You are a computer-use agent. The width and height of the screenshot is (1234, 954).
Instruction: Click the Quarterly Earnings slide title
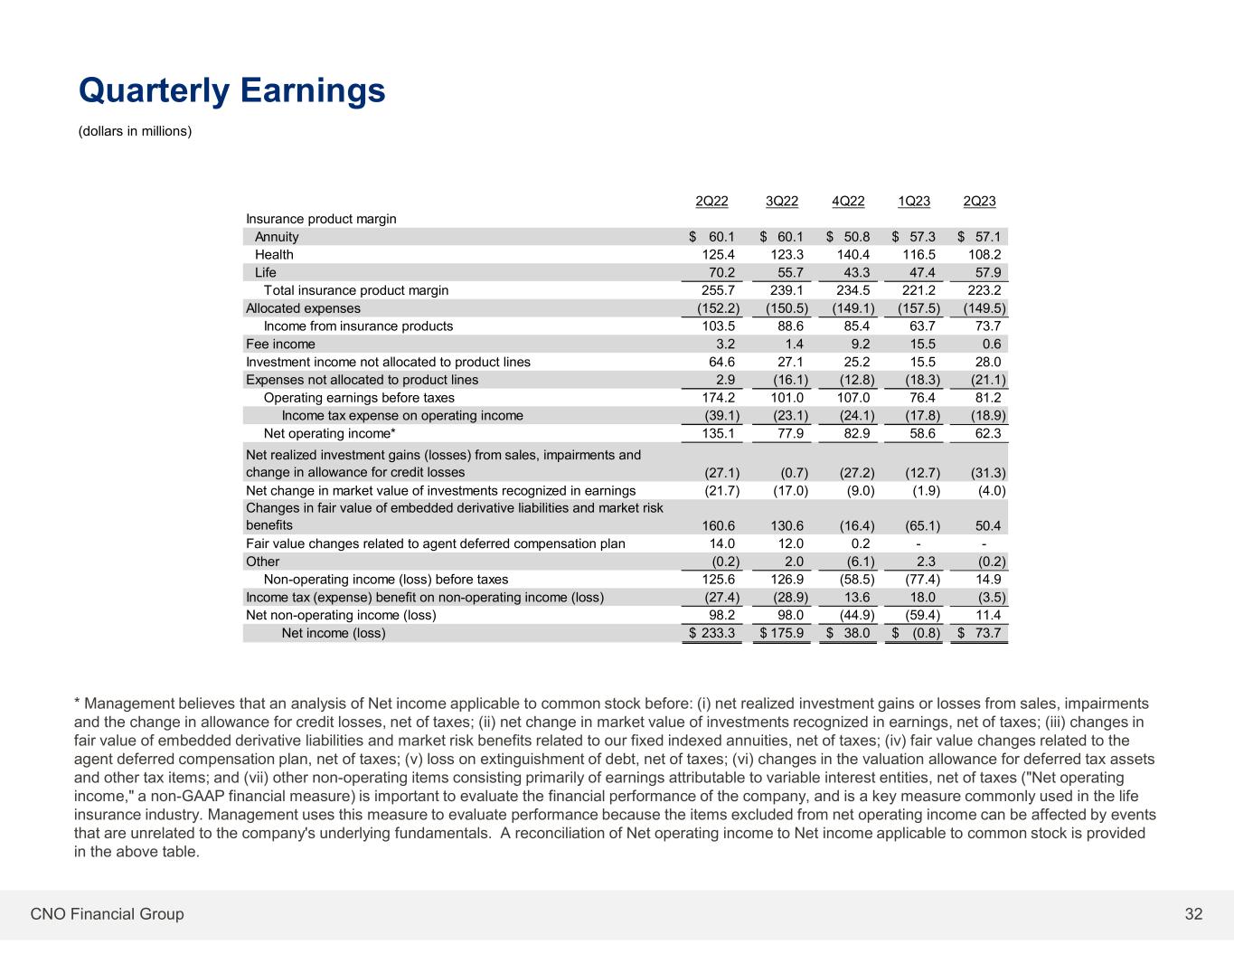(x=232, y=91)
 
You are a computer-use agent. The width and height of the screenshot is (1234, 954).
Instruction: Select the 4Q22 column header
(x=849, y=202)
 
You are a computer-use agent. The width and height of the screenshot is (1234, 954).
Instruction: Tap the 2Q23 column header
(x=980, y=202)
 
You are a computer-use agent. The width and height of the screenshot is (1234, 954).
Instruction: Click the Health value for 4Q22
(x=853, y=255)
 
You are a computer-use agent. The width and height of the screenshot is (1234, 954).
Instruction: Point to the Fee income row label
(x=280, y=345)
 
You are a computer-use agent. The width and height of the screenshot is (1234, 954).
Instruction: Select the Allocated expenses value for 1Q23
(x=918, y=308)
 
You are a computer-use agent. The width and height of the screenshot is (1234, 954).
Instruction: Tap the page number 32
(x=1193, y=914)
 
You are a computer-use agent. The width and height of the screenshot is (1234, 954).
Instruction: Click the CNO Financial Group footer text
(x=107, y=914)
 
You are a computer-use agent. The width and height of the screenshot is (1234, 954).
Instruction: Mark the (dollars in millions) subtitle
(x=136, y=132)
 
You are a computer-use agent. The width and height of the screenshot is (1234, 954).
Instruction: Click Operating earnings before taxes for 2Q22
(x=719, y=398)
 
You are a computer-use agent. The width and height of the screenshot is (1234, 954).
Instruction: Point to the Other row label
(x=263, y=562)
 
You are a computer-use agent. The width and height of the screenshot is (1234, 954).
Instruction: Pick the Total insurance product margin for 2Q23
(x=984, y=291)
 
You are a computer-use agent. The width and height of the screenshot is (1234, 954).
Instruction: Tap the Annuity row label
(x=277, y=237)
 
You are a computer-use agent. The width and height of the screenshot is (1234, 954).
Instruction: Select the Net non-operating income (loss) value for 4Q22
(x=852, y=616)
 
